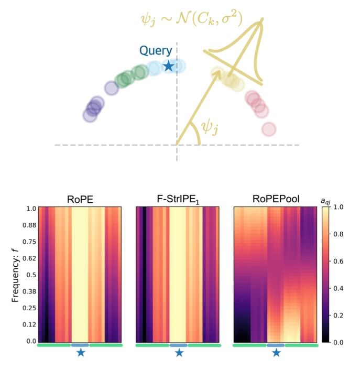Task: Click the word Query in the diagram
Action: pyautogui.click(x=155, y=51)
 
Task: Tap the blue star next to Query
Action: pyautogui.click(x=168, y=67)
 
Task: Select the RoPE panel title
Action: pyautogui.click(x=80, y=200)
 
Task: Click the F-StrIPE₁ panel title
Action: pyautogui.click(x=179, y=200)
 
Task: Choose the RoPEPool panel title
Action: pyautogui.click(x=275, y=200)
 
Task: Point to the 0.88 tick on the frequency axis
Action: pyautogui.click(x=25, y=225)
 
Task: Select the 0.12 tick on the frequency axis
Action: pyautogui.click(x=25, y=325)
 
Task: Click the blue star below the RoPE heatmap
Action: pyautogui.click(x=80, y=353)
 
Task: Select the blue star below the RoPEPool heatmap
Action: pyautogui.click(x=276, y=353)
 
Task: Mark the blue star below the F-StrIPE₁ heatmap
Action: pyautogui.click(x=179, y=353)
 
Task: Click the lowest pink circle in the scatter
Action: pyautogui.click(x=269, y=128)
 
